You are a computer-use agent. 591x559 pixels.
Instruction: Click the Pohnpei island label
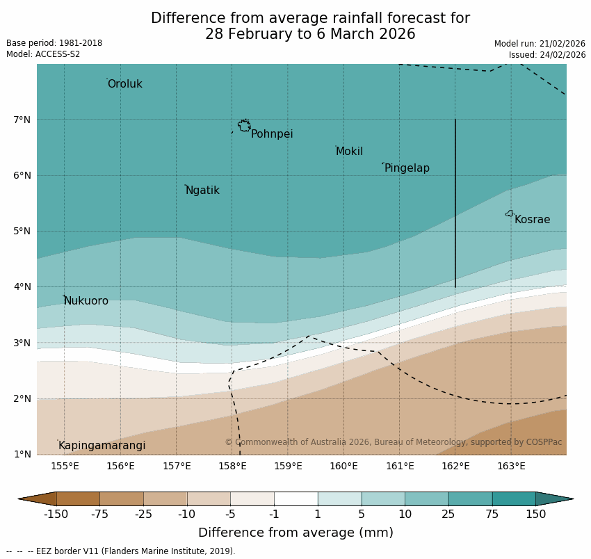272,134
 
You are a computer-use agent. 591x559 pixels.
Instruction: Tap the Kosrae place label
532,220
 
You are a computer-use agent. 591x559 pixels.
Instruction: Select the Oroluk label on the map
124,84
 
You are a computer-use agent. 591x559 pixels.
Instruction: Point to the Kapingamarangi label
102,446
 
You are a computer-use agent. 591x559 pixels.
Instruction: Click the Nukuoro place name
86,301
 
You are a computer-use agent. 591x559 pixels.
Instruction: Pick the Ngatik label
202,191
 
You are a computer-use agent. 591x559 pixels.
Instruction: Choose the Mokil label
349,152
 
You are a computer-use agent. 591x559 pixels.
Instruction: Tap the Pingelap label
407,168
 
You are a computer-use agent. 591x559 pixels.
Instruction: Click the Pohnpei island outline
244,126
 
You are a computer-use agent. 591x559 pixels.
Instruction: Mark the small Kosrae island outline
510,213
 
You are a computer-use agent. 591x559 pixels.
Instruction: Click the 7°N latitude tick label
22,120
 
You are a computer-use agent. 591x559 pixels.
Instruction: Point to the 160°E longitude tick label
343,466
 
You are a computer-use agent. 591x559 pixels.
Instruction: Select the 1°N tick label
22,454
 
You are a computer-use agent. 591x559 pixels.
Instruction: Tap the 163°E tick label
511,466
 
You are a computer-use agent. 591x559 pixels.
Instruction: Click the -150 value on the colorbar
56,515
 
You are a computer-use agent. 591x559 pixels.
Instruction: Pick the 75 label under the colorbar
492,515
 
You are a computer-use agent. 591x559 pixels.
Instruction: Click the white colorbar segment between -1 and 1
295,499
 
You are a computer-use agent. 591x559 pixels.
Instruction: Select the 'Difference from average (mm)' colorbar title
295,533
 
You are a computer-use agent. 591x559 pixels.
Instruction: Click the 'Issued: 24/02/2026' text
547,55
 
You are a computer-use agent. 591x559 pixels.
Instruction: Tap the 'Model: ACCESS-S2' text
43,54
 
